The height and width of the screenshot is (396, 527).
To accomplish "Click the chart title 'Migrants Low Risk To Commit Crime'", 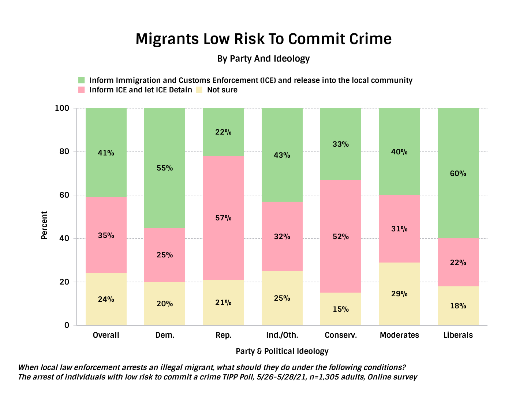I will click(263, 39).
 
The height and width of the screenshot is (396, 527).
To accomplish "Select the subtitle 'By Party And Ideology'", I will click(263, 59).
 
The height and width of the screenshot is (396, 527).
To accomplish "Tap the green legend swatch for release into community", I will click(82, 80).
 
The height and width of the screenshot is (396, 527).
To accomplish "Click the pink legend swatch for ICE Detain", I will click(82, 90).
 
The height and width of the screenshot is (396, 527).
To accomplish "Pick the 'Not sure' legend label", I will click(222, 90).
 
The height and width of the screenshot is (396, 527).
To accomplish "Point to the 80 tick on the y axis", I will click(64, 151).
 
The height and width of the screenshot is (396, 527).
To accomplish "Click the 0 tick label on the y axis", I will click(67, 325).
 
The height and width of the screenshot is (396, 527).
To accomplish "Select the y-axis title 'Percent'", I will click(44, 225).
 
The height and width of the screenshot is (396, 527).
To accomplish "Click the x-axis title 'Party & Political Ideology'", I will click(282, 351).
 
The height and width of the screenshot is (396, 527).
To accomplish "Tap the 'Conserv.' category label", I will click(341, 335).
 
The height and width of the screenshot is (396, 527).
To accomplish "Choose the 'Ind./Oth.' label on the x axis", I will click(282, 335).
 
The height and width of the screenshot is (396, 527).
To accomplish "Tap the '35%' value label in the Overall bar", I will click(106, 235).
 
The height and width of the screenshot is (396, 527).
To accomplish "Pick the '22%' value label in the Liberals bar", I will click(458, 263).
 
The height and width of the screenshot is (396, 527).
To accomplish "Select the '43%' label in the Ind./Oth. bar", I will click(282, 155).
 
